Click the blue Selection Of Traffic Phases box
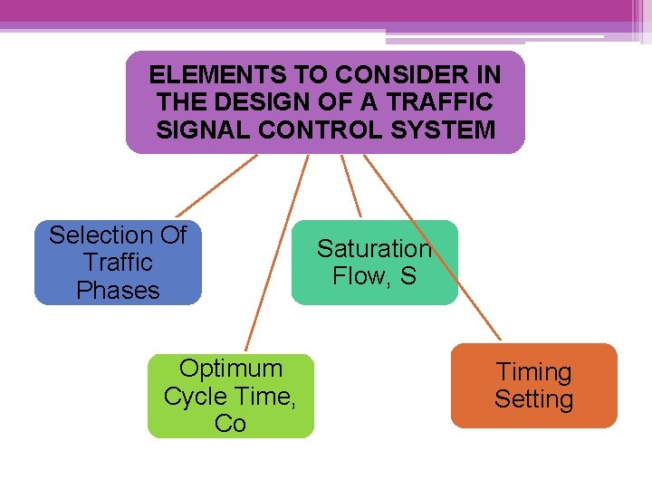[118, 263]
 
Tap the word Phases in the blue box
[118, 291]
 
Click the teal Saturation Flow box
[374, 263]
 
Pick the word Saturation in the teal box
[374, 249]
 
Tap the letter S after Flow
[408, 276]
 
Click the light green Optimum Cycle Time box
[230, 396]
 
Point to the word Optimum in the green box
[230, 369]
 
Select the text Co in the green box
[230, 424]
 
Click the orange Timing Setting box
[533, 386]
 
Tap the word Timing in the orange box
[533, 372]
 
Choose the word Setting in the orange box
[533, 399]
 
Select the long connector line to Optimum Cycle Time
[277, 253]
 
